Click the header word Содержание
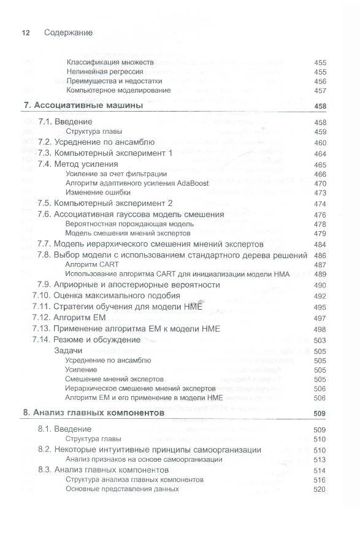[x=69, y=32]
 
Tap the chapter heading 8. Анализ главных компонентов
[x=94, y=413]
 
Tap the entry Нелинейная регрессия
[x=101, y=72]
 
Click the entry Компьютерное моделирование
[x=110, y=90]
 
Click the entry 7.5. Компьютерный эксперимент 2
[x=104, y=203]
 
